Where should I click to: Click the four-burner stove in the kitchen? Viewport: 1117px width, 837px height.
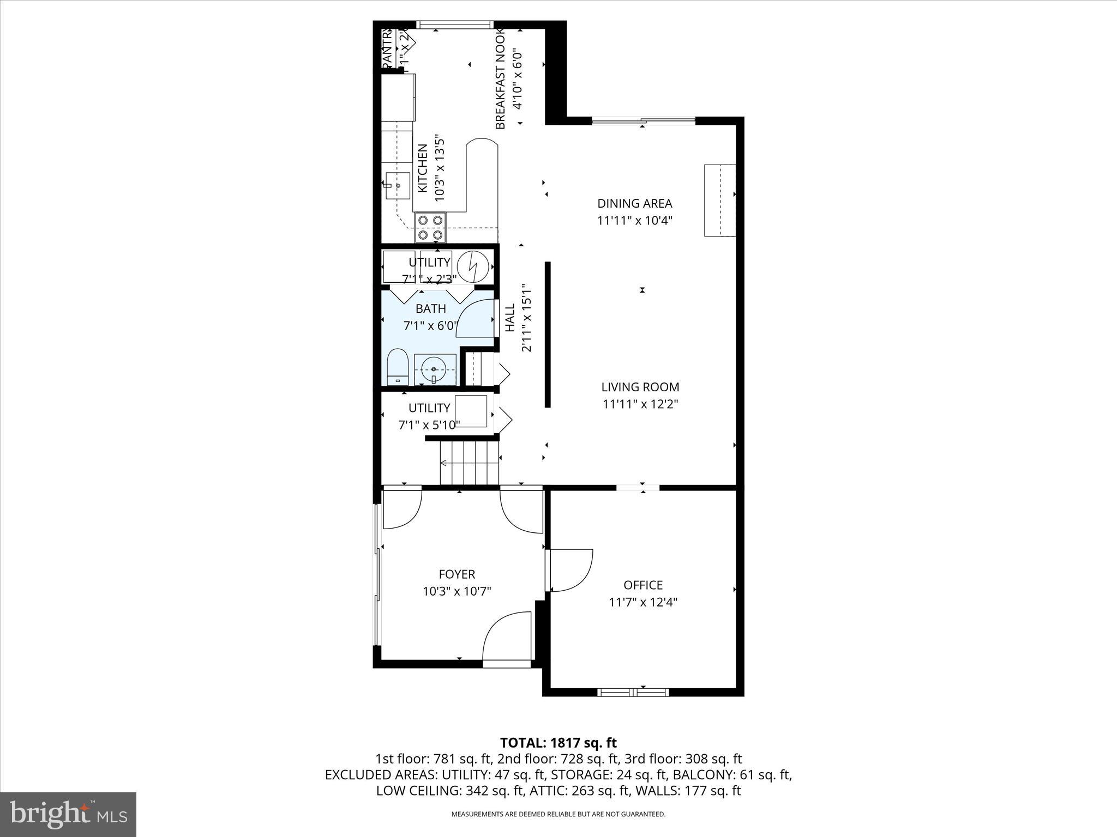click(x=430, y=227)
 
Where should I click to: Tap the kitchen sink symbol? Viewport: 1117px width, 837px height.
click(x=398, y=186)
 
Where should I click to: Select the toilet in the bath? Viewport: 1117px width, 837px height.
click(x=398, y=367)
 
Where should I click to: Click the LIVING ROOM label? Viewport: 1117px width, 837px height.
click(x=640, y=387)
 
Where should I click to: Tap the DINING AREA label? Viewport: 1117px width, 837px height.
click(x=634, y=203)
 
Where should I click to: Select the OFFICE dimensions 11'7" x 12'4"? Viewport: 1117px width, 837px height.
click(x=643, y=602)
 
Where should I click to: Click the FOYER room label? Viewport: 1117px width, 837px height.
click(x=457, y=574)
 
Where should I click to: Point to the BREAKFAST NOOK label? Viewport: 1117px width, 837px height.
click(x=500, y=80)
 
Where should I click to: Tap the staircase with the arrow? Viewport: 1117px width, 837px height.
click(x=470, y=463)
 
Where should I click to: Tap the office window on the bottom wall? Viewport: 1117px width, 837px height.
click(x=633, y=692)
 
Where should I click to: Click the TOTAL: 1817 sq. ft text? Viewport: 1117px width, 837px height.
click(x=558, y=743)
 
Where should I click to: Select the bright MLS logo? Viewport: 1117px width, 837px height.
click(x=68, y=815)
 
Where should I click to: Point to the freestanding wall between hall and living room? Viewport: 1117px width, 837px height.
click(x=548, y=334)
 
